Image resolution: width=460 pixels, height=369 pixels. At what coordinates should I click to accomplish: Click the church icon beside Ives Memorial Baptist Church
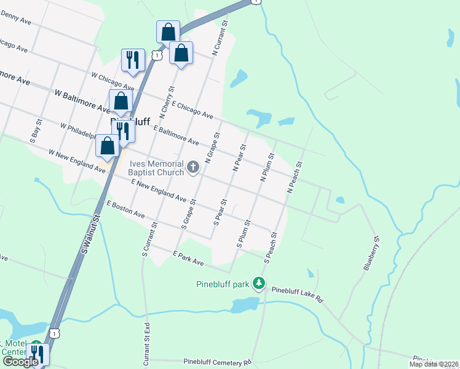(193, 167)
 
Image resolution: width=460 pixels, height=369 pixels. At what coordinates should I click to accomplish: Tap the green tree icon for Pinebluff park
(260, 284)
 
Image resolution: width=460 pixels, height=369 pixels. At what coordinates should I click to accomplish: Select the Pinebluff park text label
(222, 284)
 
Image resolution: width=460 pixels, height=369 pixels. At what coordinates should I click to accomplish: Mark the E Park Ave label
(188, 258)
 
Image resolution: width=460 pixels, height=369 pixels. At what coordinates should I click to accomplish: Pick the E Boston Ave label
(125, 209)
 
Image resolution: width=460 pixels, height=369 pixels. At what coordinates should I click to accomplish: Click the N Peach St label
(296, 178)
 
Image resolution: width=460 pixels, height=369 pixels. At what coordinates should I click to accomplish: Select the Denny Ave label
(16, 19)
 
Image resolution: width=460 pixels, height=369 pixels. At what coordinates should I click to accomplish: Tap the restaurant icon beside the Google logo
(39, 355)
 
